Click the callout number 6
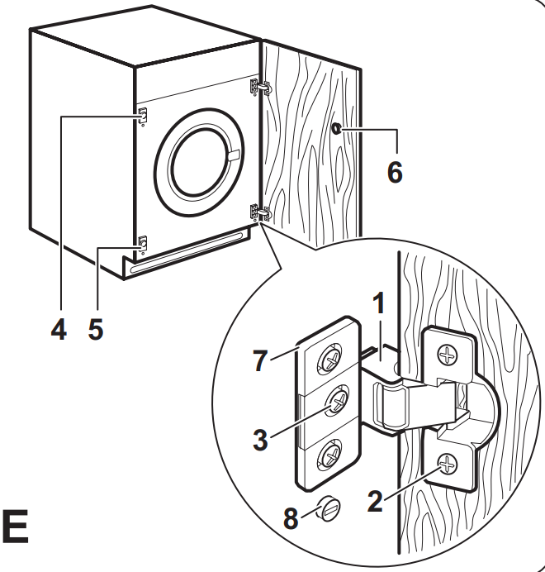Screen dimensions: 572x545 tap(395, 172)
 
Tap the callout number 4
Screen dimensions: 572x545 tap(58, 330)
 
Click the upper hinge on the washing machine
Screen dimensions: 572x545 tap(259, 87)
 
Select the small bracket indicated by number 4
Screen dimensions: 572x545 tap(142, 116)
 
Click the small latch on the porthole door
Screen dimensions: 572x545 tap(234, 155)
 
